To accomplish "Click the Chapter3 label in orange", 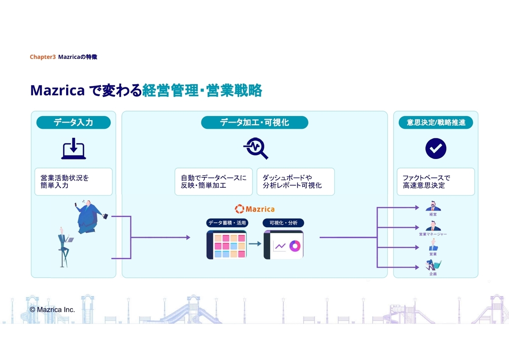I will click(42, 57).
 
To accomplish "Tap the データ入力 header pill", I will click(73, 123).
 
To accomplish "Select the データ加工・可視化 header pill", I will click(255, 123).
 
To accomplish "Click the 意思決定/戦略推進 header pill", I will click(436, 123).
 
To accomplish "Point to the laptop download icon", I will click(73, 148).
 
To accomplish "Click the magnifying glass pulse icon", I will click(256, 148).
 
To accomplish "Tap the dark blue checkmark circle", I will click(436, 148).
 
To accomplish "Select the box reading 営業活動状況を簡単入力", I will click(73, 181).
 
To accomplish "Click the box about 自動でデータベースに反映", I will click(213, 181).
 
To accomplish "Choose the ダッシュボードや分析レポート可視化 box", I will click(296, 181).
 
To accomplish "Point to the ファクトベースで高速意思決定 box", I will click(436, 181).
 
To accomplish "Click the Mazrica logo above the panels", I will click(255, 209).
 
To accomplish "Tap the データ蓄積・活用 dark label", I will click(227, 223).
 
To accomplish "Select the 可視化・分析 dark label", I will click(283, 223).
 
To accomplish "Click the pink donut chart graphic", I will click(295, 246).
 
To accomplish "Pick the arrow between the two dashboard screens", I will click(255, 244).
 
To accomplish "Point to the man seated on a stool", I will click(64, 248).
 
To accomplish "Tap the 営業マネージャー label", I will click(433, 234).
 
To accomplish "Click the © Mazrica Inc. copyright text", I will click(53, 310).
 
